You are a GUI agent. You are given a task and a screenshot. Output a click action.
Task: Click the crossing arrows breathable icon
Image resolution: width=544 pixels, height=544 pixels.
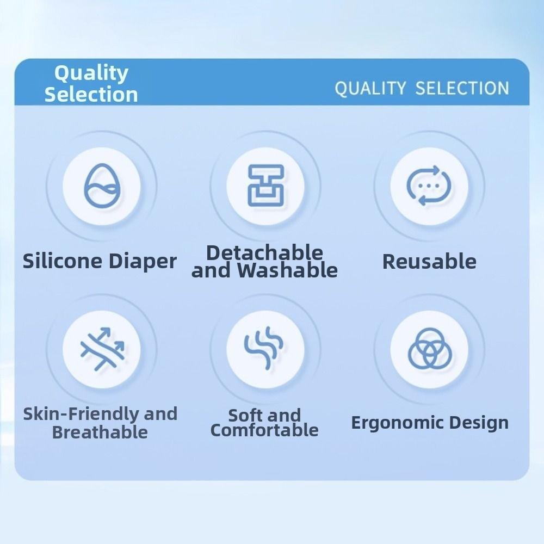[102, 349]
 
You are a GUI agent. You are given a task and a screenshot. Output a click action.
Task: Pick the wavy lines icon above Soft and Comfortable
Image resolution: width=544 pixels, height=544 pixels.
[264, 347]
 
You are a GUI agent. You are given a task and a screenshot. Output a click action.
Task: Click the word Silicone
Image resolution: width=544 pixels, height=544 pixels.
[63, 261]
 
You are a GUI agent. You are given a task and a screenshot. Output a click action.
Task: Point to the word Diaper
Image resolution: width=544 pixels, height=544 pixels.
[143, 262]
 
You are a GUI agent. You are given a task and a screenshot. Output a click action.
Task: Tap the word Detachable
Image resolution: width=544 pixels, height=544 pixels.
[265, 252]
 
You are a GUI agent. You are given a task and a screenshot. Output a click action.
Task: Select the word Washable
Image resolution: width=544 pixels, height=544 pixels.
[288, 270]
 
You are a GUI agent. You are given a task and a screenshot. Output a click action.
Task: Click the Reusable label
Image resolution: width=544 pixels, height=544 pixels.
[429, 261]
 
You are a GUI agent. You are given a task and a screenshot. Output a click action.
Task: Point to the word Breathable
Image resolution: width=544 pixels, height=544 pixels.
[100, 432]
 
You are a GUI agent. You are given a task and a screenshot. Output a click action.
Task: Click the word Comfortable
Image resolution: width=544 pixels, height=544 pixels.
[264, 430]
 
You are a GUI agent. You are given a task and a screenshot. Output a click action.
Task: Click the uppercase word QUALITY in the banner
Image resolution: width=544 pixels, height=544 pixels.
[370, 89]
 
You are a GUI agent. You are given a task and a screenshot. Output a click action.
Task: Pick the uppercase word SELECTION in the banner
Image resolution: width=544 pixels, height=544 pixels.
[462, 88]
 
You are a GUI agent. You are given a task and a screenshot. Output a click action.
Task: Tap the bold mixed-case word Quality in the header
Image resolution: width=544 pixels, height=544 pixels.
[91, 73]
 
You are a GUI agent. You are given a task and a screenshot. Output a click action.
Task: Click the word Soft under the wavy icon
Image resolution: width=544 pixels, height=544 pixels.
[245, 415]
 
